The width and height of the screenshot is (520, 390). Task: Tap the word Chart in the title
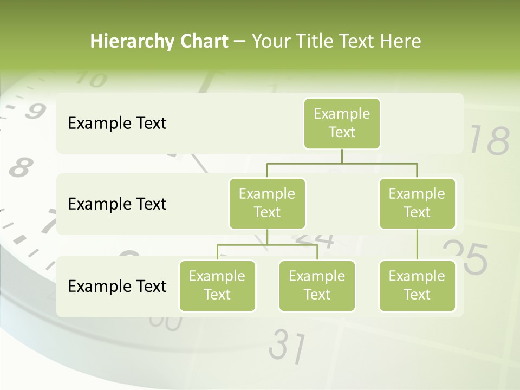[x=204, y=42]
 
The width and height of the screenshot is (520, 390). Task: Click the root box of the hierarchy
[x=342, y=123]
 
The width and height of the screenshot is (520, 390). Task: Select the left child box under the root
[x=267, y=203]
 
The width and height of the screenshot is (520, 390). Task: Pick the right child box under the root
[x=417, y=203]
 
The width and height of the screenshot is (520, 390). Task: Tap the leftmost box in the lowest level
[x=217, y=285]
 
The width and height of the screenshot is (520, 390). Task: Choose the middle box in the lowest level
[x=317, y=285]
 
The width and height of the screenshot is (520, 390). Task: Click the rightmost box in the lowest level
[x=417, y=285]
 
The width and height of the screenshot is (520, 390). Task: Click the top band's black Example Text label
[x=117, y=123]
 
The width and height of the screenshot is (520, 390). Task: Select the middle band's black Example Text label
[x=117, y=204]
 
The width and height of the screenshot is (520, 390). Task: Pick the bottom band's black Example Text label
[x=117, y=286]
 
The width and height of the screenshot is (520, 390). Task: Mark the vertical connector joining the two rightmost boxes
[x=417, y=245]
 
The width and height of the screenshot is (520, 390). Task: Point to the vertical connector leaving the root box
[x=342, y=155]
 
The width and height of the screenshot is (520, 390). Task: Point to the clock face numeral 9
[x=34, y=112]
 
